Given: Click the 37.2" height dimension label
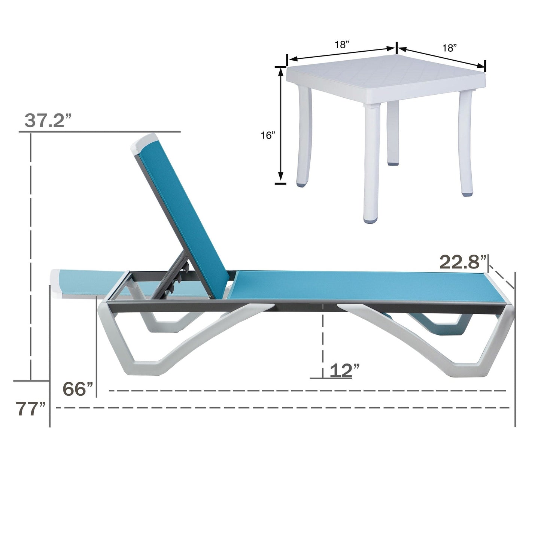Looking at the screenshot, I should [48, 121].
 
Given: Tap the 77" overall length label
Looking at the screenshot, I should [31, 409].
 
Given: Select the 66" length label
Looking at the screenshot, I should [78, 389].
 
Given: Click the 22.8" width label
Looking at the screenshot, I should [463, 262].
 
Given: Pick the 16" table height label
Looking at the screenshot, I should [268, 136].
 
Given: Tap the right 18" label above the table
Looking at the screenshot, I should [449, 48].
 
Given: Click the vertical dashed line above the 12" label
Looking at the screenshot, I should [323, 337].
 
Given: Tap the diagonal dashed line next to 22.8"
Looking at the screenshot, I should [502, 276].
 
